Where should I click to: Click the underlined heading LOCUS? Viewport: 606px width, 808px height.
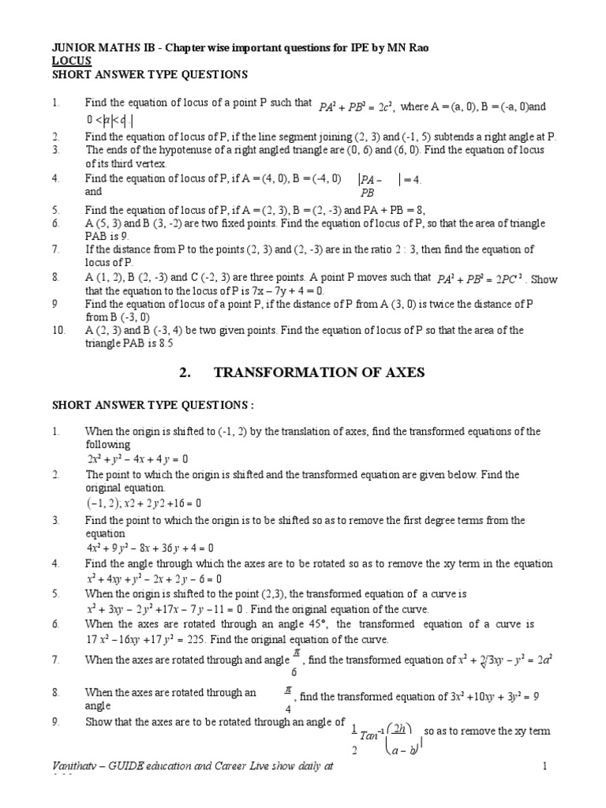pyautogui.click(x=72, y=60)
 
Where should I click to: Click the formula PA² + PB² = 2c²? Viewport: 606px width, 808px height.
pyautogui.click(x=358, y=104)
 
